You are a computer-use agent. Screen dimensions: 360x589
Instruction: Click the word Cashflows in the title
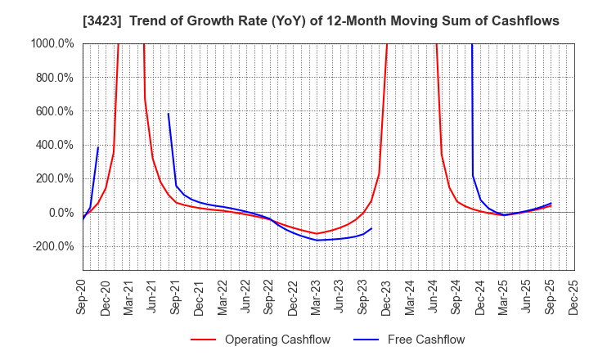point(518,20)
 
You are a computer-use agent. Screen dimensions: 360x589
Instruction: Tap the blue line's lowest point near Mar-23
point(317,240)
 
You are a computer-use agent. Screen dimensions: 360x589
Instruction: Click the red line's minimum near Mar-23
point(317,233)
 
